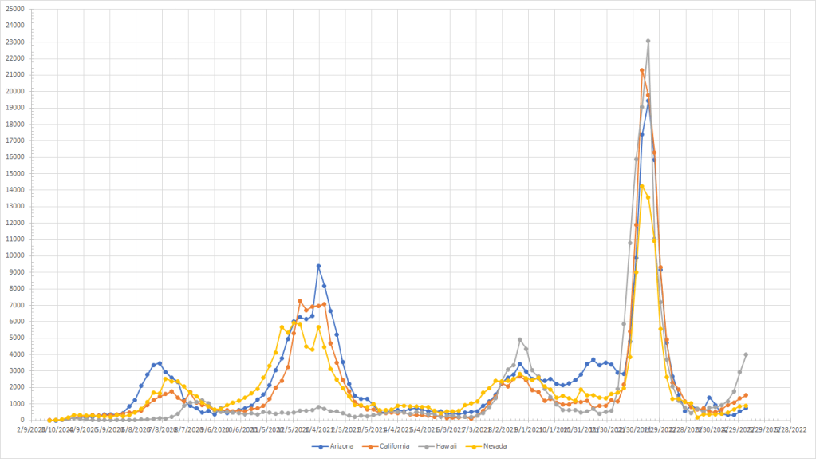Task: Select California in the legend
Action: pyautogui.click(x=393, y=446)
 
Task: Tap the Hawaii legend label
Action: pyautogui.click(x=450, y=446)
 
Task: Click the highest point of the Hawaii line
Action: pyautogui.click(x=648, y=41)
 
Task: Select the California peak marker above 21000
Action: pyautogui.click(x=642, y=70)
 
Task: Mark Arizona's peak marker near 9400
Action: pyautogui.click(x=318, y=266)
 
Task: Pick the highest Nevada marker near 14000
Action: pyautogui.click(x=642, y=186)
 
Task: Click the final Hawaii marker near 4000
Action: pyautogui.click(x=746, y=354)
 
